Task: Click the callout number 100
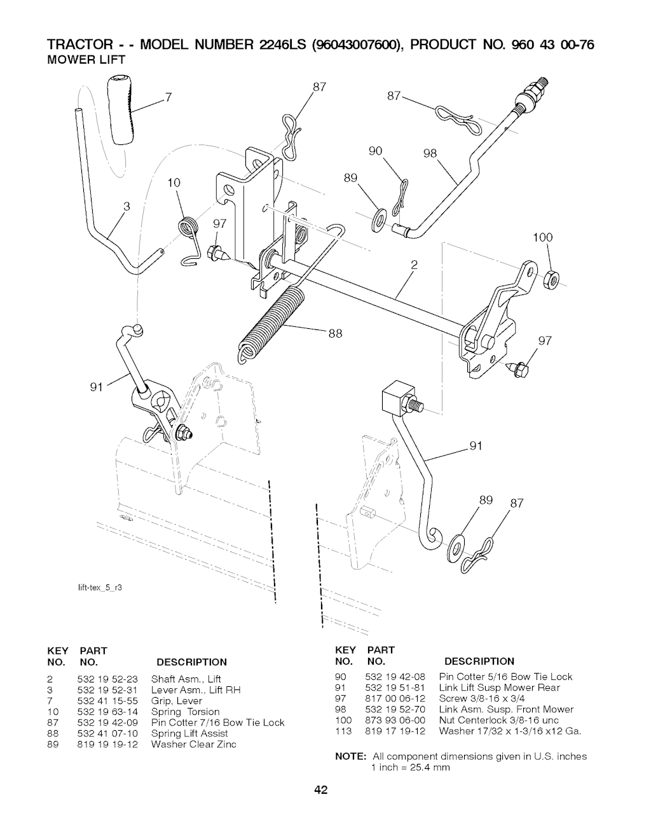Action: click(543, 239)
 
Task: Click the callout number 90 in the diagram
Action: click(376, 151)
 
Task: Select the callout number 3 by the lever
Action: click(127, 206)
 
